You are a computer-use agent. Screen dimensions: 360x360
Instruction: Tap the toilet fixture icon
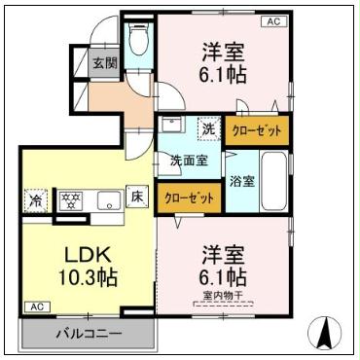139,41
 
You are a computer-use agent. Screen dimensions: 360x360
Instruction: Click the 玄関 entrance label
104,63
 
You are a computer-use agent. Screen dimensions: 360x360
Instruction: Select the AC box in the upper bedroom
274,20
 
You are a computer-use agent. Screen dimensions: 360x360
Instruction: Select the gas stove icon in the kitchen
71,200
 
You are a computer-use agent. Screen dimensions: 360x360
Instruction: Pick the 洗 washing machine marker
208,127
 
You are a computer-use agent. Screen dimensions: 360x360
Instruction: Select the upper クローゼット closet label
258,129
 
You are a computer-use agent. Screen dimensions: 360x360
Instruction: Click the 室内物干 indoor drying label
225,297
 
